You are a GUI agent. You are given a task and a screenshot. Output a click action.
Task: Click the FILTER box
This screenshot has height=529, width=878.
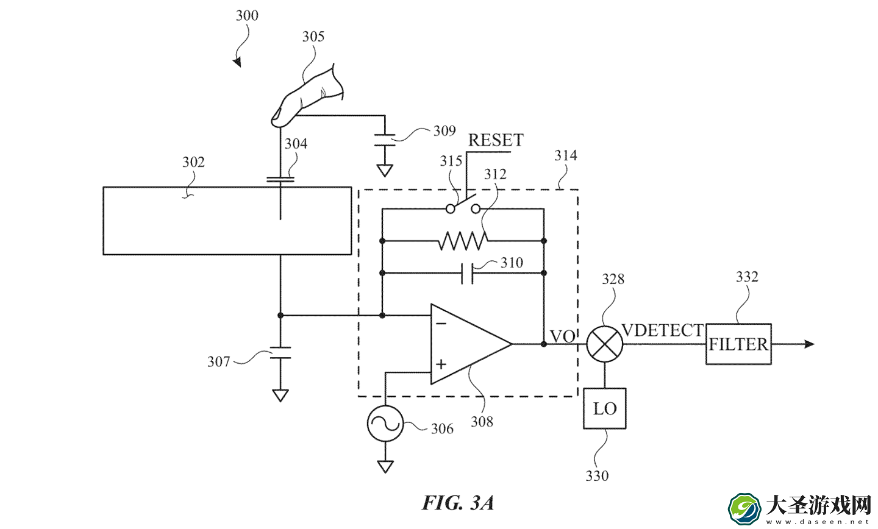738,344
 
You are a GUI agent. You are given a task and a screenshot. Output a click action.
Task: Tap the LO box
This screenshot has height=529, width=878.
604,408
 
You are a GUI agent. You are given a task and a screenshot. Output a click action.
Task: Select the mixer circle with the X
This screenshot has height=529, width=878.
604,344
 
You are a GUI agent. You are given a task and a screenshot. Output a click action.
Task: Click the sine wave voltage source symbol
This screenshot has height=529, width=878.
385,423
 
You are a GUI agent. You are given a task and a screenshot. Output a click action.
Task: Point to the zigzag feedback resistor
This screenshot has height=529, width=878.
463,241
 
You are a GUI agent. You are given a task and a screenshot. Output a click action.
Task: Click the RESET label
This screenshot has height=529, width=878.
496,140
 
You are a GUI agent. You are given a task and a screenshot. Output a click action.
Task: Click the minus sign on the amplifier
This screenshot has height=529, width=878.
441,323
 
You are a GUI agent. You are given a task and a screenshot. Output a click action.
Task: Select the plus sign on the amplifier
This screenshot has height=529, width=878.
441,364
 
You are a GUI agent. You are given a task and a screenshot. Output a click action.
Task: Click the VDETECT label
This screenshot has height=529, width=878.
663,330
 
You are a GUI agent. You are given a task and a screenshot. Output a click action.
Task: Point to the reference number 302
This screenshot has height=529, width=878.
193,162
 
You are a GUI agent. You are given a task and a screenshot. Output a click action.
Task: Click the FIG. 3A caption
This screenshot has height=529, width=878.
457,503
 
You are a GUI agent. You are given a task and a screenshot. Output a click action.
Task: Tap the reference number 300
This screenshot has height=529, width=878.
247,15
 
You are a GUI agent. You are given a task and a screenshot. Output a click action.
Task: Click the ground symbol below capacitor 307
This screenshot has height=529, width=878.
280,396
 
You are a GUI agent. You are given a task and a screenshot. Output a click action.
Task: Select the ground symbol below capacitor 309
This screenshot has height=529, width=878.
385,171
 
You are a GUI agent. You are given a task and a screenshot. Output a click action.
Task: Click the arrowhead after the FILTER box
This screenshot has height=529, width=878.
809,344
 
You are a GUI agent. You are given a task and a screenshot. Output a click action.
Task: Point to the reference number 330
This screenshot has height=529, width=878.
597,476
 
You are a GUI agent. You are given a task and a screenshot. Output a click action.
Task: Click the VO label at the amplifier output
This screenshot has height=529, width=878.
562,336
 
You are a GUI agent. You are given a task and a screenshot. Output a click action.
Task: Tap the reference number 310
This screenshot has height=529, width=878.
512,262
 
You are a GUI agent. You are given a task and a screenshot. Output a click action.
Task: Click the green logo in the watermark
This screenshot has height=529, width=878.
744,509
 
